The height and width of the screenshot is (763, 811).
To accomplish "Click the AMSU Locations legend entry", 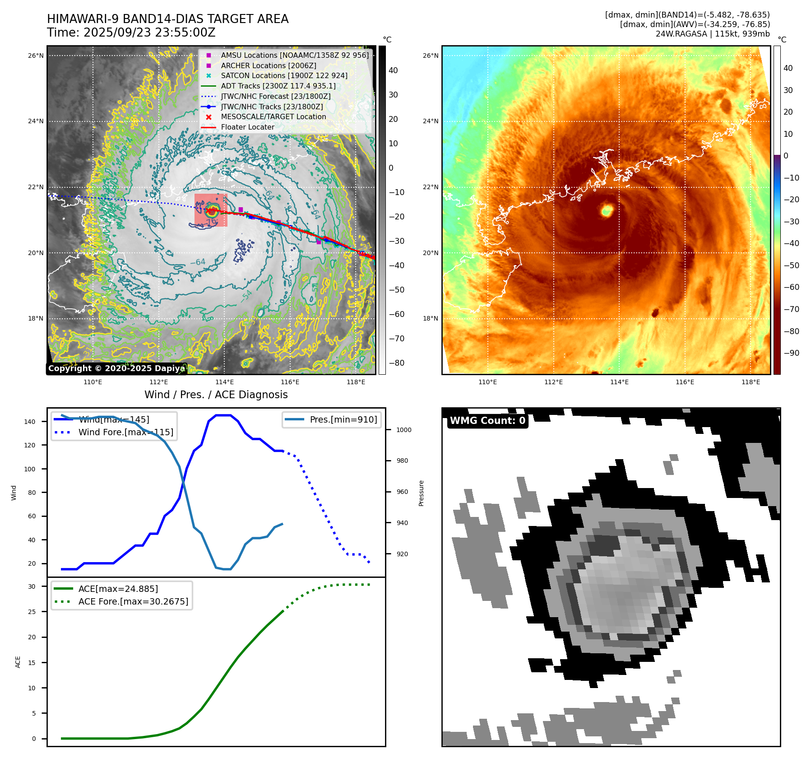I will coord(294,55).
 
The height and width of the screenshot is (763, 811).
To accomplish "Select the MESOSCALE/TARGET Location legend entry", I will coord(273,116).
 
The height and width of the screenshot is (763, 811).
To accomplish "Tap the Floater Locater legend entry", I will coord(247,127).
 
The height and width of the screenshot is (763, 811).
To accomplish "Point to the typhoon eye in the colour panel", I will coord(607,210).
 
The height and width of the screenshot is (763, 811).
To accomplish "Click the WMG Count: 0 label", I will coord(487,421).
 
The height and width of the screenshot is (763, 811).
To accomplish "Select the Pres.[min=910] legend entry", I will coord(343,419).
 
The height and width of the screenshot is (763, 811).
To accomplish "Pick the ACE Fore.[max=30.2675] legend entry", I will coord(133,601).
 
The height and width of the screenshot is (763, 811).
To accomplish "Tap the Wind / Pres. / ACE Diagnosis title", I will coord(216,395).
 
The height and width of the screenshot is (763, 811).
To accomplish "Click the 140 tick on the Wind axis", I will coord(30,422).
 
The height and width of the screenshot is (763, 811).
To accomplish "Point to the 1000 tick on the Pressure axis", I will coord(403,430).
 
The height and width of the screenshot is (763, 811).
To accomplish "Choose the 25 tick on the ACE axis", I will coord(32,612).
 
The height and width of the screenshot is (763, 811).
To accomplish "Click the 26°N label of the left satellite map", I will coord(36,56).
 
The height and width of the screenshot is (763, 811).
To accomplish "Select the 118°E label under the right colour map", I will coord(751,382).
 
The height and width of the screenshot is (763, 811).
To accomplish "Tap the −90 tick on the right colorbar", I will coord(791,353).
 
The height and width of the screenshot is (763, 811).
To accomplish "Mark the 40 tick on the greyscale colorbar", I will coord(393,70).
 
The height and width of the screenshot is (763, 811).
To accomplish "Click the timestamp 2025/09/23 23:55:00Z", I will coord(149,33).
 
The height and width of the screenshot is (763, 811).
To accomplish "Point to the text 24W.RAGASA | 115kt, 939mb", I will coord(713,34).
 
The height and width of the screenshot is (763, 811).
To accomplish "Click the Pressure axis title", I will coord(421,493).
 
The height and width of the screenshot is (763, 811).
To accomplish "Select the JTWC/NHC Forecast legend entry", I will coord(275,96).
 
